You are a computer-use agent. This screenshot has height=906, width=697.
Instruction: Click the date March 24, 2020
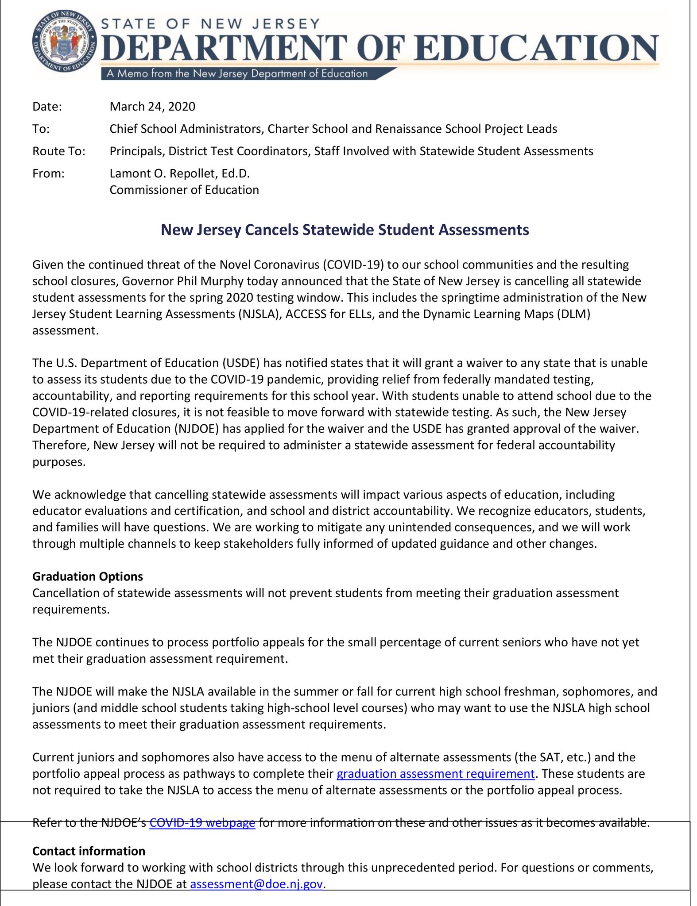click(152, 107)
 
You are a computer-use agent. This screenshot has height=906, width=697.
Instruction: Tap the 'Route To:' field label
click(58, 151)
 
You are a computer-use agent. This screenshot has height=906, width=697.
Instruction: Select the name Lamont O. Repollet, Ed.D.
click(180, 173)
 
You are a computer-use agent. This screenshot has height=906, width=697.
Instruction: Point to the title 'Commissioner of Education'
click(184, 190)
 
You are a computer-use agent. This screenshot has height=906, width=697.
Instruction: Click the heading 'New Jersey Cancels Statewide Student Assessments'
click(345, 230)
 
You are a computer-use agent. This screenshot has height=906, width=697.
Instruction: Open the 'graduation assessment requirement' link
click(436, 774)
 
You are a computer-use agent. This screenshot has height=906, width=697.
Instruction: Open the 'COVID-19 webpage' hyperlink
click(202, 823)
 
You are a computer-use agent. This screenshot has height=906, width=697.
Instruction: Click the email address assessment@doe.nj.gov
click(256, 884)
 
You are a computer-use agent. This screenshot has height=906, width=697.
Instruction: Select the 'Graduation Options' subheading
click(88, 576)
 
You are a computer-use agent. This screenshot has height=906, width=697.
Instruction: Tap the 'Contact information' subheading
click(89, 851)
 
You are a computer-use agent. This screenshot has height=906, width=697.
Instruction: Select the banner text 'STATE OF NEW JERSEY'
click(211, 23)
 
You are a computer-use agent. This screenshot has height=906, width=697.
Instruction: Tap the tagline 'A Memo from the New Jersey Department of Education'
click(237, 73)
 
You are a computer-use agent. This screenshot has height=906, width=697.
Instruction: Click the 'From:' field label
click(48, 173)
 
